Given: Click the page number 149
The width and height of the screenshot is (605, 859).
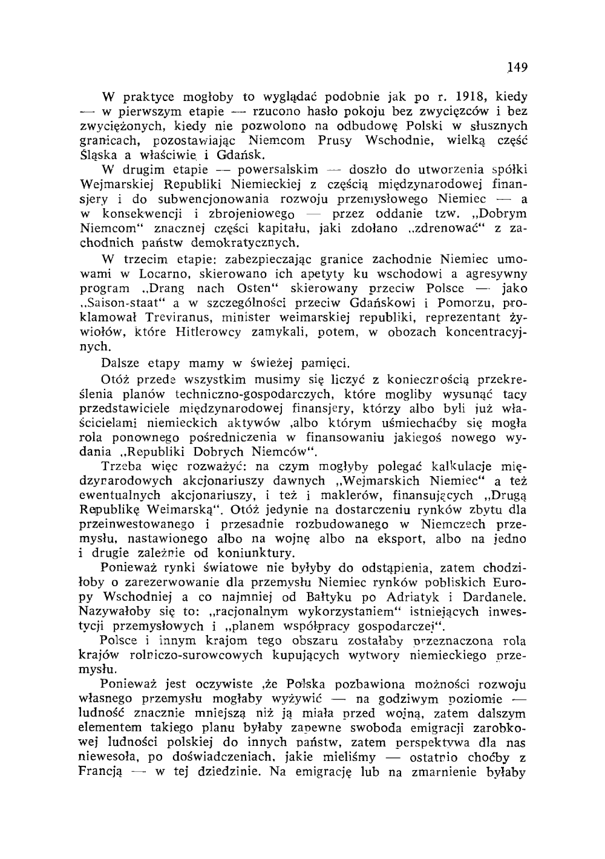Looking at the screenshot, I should tap(517, 67).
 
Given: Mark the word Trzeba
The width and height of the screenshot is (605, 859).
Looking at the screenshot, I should tap(119, 466).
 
